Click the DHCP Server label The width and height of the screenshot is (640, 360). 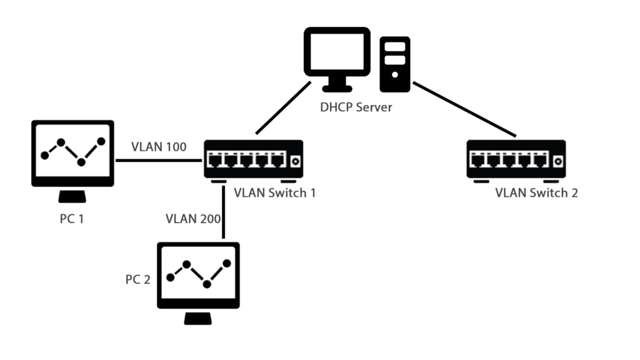point(356,107)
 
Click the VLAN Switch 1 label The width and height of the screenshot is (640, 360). point(274,192)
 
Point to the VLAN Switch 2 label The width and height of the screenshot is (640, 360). point(536,192)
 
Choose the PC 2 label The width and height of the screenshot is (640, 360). point(137,279)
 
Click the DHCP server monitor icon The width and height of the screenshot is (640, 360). point(337,54)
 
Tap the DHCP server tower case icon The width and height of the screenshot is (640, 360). point(395,64)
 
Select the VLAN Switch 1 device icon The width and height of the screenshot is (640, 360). point(253,160)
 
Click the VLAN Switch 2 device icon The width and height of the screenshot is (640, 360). point(516,160)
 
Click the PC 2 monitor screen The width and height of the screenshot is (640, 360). point(199,274)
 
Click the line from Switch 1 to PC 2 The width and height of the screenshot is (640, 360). point(223,212)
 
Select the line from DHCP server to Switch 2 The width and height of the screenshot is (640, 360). point(466,110)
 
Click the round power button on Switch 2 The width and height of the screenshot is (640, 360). point(557,161)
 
